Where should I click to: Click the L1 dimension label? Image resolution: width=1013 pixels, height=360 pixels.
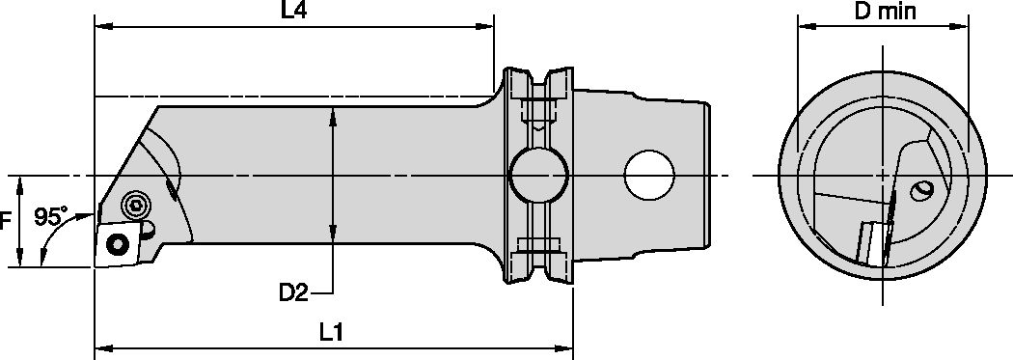(x=332, y=330)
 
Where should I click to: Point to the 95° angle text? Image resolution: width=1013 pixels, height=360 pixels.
(x=49, y=217)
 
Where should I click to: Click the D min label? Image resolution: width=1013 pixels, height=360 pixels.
(x=886, y=13)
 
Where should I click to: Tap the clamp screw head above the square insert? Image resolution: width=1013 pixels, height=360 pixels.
(x=134, y=205)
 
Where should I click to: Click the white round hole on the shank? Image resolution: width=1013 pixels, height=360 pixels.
(x=649, y=176)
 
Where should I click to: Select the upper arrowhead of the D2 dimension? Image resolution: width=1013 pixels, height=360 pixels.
(x=333, y=115)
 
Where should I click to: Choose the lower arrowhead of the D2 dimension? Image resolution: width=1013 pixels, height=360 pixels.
(x=333, y=236)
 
